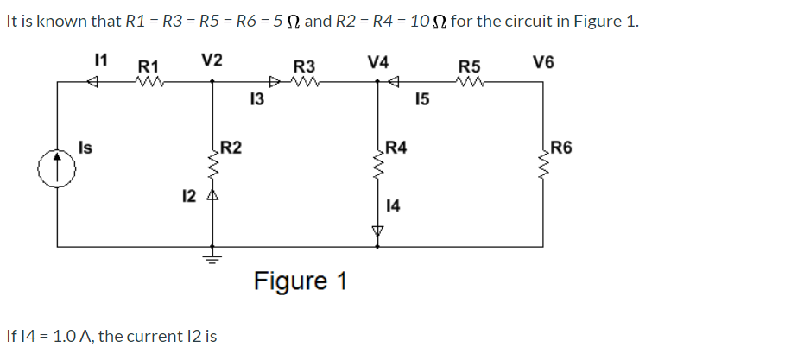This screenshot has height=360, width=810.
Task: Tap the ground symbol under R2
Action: (x=212, y=256)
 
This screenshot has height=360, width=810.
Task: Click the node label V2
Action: (x=212, y=60)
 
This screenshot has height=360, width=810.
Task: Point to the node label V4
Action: (x=377, y=61)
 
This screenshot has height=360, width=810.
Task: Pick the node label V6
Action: (x=544, y=61)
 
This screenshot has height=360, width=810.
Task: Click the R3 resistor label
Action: (x=305, y=66)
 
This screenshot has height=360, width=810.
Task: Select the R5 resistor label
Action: (x=470, y=66)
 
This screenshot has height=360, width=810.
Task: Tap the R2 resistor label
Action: (x=230, y=146)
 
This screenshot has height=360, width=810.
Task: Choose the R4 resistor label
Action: (x=397, y=146)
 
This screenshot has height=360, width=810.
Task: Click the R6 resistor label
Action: (x=561, y=146)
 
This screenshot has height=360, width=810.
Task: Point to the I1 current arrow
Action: (x=98, y=83)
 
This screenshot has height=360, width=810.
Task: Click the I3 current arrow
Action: (x=274, y=83)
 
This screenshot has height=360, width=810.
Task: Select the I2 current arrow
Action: (x=212, y=197)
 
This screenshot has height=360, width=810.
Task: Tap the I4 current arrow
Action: (x=377, y=230)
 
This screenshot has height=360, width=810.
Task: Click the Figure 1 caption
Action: (x=300, y=281)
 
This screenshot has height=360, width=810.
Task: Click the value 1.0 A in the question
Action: (x=71, y=335)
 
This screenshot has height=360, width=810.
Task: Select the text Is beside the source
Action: (x=85, y=146)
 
